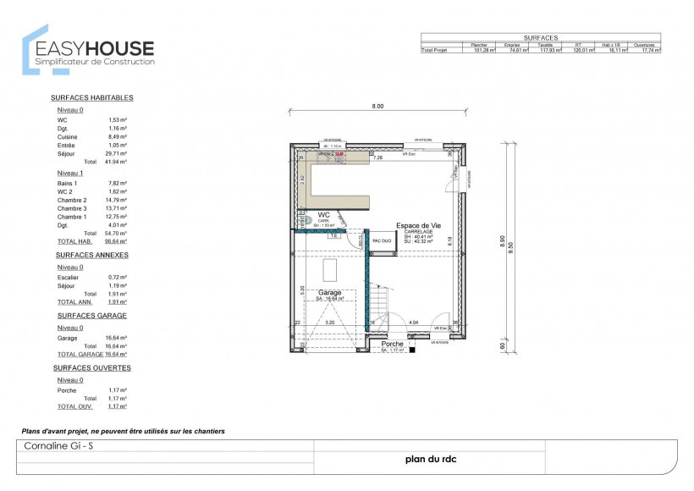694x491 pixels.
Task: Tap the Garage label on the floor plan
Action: (329, 292)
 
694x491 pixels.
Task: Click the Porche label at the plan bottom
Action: (393, 344)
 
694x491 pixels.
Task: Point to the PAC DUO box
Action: (381, 241)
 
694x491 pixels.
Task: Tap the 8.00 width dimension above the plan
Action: (377, 107)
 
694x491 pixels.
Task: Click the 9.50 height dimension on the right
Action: (511, 240)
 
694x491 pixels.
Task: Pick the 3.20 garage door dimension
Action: (330, 323)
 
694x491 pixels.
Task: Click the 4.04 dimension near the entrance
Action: (413, 323)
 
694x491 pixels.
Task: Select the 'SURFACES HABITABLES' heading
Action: (91, 98)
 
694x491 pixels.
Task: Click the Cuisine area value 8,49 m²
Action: (118, 137)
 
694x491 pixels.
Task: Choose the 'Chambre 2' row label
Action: (72, 200)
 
